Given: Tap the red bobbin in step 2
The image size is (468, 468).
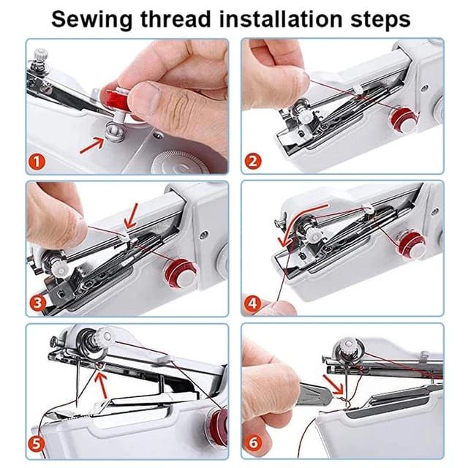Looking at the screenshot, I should (400, 116).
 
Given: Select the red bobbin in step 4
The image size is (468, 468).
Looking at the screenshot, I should (412, 244).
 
